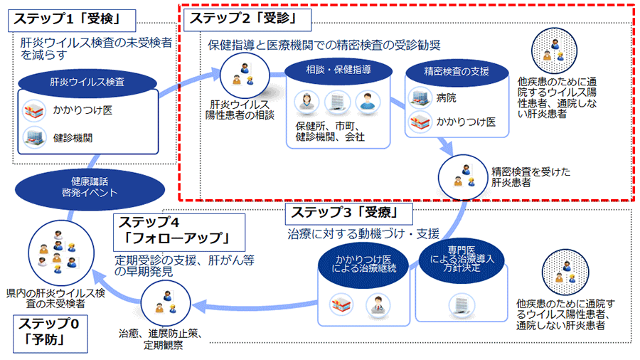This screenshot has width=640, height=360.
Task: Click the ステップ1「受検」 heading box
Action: click(72, 21)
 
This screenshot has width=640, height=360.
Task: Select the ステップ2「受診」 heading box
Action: click(247, 20)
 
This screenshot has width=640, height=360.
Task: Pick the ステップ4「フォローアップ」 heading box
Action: click(179, 232)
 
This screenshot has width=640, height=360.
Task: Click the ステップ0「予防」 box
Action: click(50, 334)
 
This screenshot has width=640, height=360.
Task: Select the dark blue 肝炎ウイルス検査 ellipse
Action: click(87, 83)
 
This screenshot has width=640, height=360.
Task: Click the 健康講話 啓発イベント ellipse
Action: click(90, 189)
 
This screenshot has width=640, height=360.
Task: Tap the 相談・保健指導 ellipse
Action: click(338, 70)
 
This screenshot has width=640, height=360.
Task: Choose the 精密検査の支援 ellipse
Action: click(457, 73)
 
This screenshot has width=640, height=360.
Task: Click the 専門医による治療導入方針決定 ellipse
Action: click(462, 259)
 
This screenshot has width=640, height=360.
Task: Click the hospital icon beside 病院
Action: click(420, 98)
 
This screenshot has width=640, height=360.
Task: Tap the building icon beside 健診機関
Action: click(35, 137)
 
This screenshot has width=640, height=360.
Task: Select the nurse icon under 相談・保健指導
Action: click(306, 102)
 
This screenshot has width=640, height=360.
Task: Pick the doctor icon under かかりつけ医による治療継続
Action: click(378, 305)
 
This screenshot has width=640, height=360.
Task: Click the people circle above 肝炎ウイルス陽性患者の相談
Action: click(245, 75)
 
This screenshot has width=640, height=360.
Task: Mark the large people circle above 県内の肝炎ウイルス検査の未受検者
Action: click(61, 253)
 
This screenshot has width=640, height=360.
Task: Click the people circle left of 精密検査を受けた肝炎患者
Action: click(462, 178)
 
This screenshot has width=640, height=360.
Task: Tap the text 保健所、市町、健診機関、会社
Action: click(330, 132)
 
